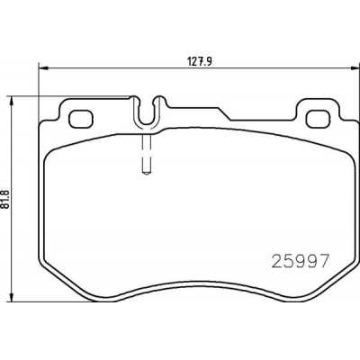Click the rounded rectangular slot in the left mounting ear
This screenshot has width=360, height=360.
click(82, 117)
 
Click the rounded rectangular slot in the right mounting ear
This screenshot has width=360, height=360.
click(319, 117)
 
